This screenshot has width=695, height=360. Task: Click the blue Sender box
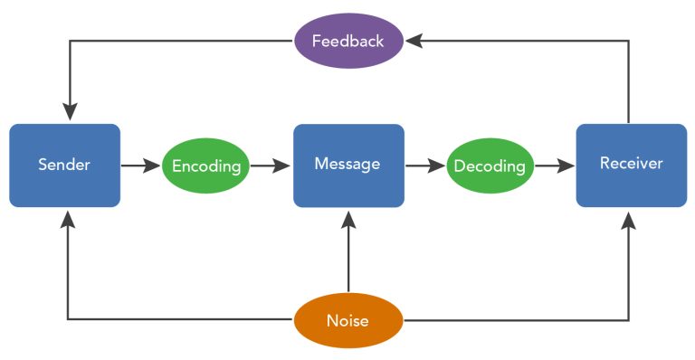coord(64,166)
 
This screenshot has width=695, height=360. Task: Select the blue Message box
coord(348,166)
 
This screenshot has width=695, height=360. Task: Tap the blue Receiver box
coord(631,166)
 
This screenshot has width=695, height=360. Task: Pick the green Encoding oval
coord(205,166)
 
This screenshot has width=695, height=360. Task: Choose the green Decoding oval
coord(490,166)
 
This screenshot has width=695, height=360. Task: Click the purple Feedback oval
coord(348,41)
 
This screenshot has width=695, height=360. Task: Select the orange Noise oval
coord(348,320)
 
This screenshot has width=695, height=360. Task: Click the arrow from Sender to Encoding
coord(140,166)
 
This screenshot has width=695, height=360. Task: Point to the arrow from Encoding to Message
coord(270,166)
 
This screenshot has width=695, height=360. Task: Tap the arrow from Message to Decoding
coord(424,166)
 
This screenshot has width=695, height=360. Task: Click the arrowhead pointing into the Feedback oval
coord(413,41)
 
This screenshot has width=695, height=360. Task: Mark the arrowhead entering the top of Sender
coord(69,113)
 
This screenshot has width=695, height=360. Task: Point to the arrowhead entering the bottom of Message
coord(348,218)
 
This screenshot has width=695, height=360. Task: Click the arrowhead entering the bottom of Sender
coord(69,218)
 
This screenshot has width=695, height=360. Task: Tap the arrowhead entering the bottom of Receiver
coord(629,218)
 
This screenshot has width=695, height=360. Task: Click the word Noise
coord(348,320)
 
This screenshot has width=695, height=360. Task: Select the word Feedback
coord(348,41)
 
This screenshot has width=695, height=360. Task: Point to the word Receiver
coord(631,164)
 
